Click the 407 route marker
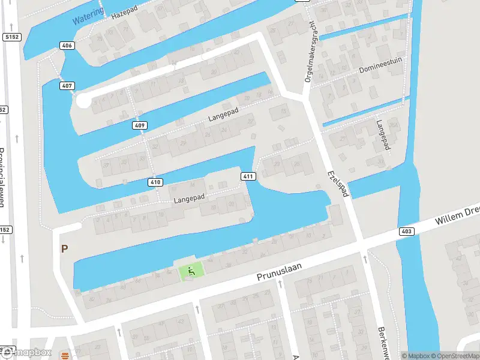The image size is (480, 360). click(67, 86)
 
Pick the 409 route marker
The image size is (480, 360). click(139, 125)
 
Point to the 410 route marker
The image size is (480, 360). click(155, 182)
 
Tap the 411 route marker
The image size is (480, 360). click(248, 176)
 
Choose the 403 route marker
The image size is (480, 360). click(406, 231)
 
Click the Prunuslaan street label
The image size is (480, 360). click(279, 271)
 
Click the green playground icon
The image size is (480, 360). click(191, 272)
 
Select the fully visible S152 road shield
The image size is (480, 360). click(11, 37)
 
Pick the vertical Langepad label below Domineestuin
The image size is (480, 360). click(382, 136)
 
